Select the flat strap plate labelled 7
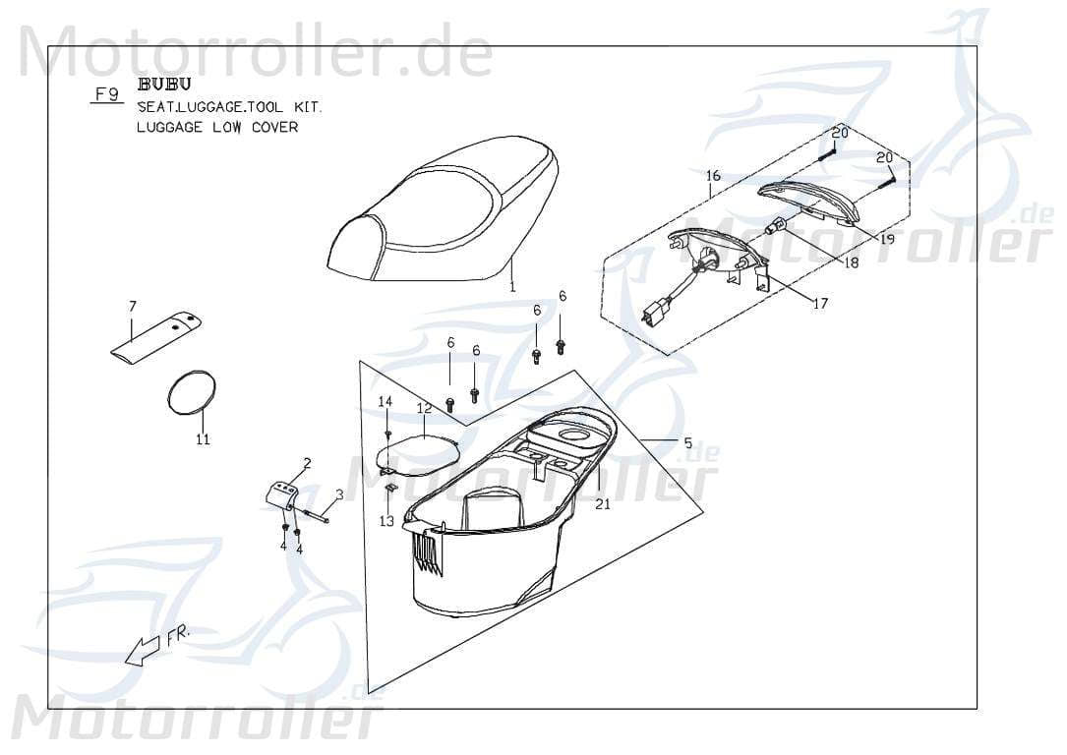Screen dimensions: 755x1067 pos(154,337)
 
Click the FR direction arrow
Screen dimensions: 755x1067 pos(143,650)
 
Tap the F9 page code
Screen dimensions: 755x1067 pos(105,95)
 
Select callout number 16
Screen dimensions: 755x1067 pos(713,176)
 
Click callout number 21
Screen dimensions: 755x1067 pos(603,503)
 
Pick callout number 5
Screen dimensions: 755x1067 pos(687,443)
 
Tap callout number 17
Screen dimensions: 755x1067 pos(819,303)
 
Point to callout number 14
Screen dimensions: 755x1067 pos(385,401)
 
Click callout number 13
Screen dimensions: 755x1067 pos(386,521)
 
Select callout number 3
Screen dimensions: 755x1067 pos(339,494)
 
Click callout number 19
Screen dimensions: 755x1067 pos(886,239)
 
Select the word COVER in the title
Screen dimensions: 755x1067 pos(274,127)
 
